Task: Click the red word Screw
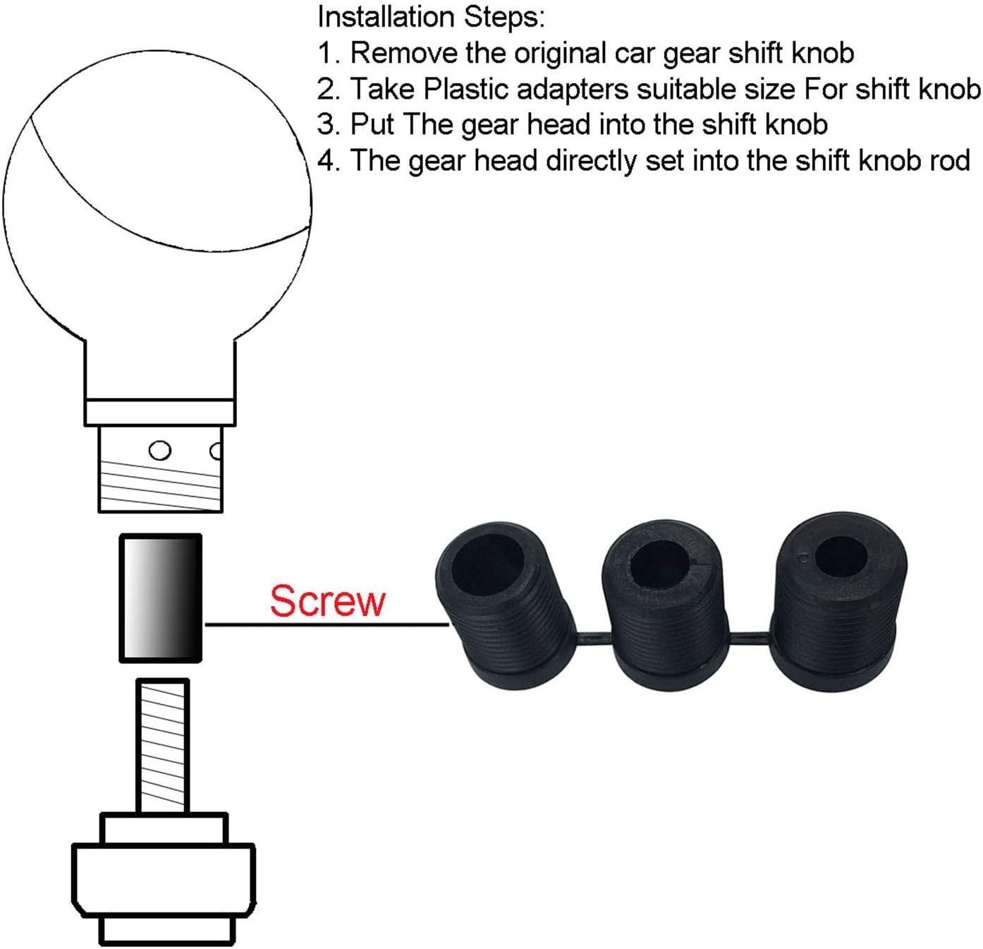327,601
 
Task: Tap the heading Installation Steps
432,17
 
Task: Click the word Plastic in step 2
465,89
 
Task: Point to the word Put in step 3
372,124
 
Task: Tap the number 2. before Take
330,89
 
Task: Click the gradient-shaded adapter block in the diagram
161,598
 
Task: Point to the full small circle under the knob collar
159,449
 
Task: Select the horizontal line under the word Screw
326,624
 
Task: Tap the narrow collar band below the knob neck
159,412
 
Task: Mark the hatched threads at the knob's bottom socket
160,485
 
